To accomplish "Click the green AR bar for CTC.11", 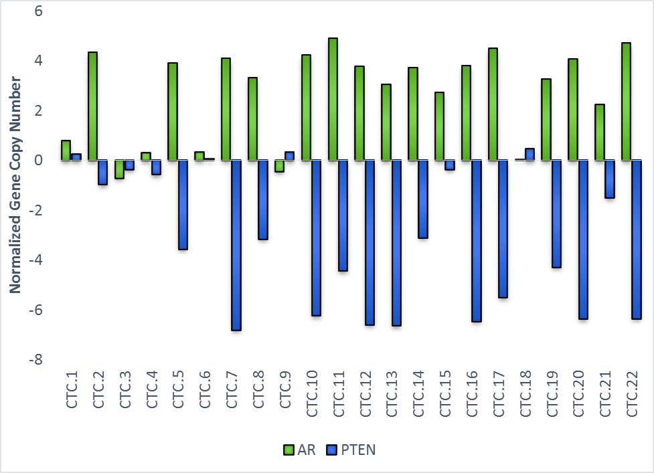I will pos(333,99).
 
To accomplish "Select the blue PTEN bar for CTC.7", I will pos(236,245).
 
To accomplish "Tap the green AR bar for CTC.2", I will pos(92,106).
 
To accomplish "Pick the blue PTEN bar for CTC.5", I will pos(183,205).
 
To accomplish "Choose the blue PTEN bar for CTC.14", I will pos(423,199).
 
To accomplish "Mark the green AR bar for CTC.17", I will pos(493,104).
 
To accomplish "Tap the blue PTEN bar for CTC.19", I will pos(557,213).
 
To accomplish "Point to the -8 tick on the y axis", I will pos(35,360).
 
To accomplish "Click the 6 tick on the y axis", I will pos(38,11).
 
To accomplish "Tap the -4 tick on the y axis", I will pos(35,260).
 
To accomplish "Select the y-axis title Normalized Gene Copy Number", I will pos(15,185).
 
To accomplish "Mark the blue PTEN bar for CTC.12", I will pos(370,242).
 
